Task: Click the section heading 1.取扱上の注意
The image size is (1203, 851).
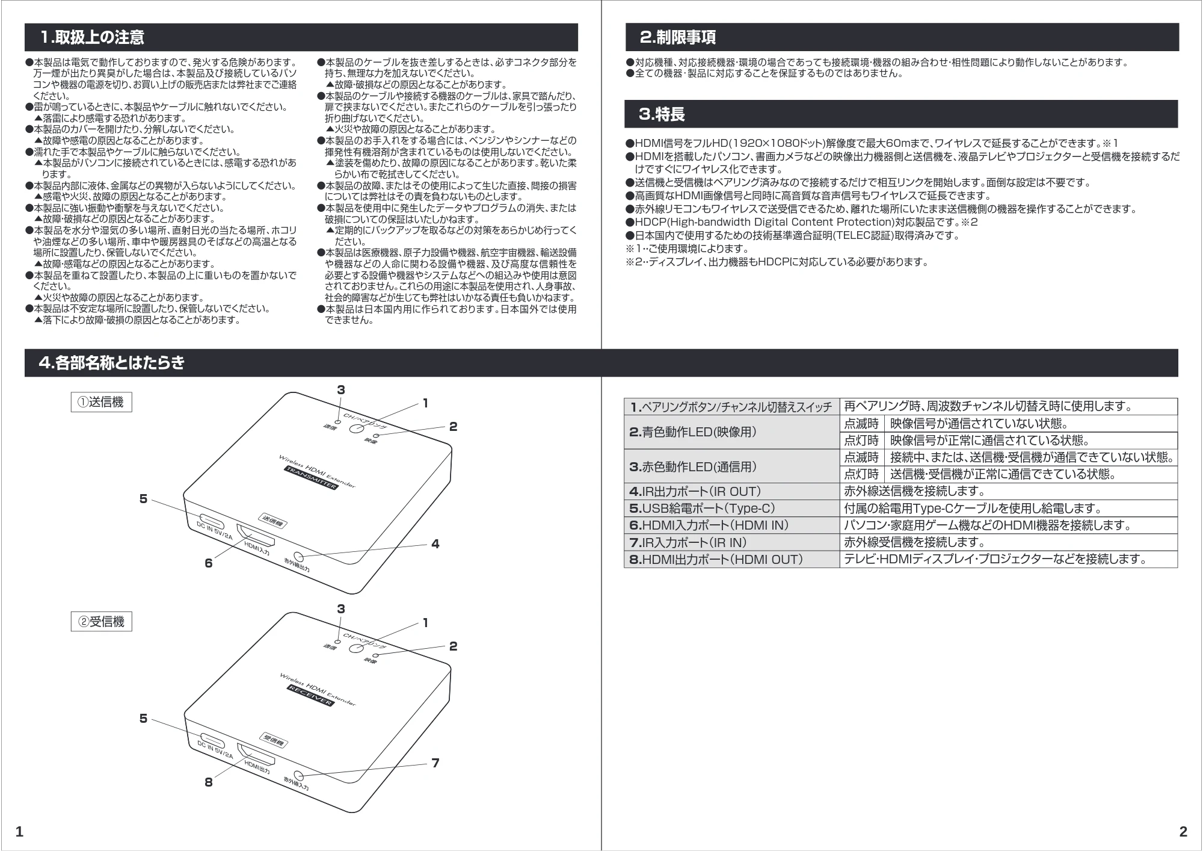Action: point(93,37)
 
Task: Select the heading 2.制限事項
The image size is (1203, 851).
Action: point(678,37)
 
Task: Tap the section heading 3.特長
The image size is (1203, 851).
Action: point(662,114)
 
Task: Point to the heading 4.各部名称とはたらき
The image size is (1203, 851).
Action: point(112,363)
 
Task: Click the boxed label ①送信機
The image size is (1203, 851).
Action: point(101,402)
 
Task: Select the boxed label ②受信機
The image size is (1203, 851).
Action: point(101,622)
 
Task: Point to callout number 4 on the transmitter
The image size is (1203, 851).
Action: point(435,544)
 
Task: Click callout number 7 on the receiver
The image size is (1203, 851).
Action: point(435,763)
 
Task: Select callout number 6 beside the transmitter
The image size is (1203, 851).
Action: point(209,563)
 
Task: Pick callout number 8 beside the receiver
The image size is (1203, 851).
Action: point(209,782)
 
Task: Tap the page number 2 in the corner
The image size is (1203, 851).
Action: point(1183,832)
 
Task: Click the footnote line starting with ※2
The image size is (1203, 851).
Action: point(777,262)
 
